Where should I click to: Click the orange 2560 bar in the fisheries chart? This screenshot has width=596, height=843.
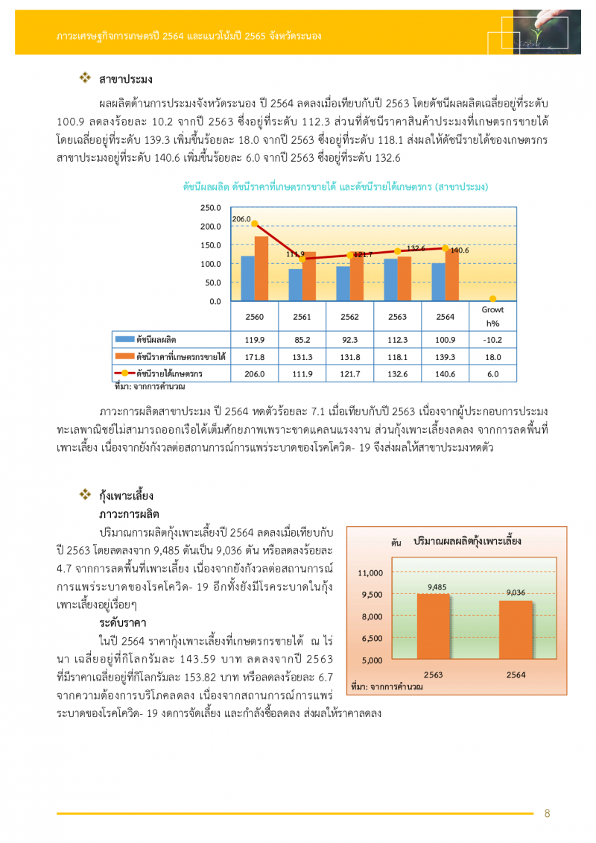tap(261, 269)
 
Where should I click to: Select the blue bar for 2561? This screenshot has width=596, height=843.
tap(296, 285)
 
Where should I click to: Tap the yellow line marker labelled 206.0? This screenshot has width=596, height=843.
tap(254, 224)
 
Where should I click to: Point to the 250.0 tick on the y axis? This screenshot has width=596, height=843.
tap(211, 207)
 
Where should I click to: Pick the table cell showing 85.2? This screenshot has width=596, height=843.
tap(302, 339)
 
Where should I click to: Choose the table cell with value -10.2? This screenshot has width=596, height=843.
tap(492, 339)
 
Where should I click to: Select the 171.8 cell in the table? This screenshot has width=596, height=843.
tap(254, 356)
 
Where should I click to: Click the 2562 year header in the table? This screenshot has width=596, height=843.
tap(349, 317)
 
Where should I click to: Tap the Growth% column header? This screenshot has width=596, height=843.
tap(492, 316)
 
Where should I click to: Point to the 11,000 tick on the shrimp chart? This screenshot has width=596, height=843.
tap(370, 572)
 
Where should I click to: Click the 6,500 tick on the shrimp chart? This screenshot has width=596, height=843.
tap(370, 639)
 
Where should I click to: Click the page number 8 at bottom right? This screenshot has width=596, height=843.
tap(547, 813)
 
